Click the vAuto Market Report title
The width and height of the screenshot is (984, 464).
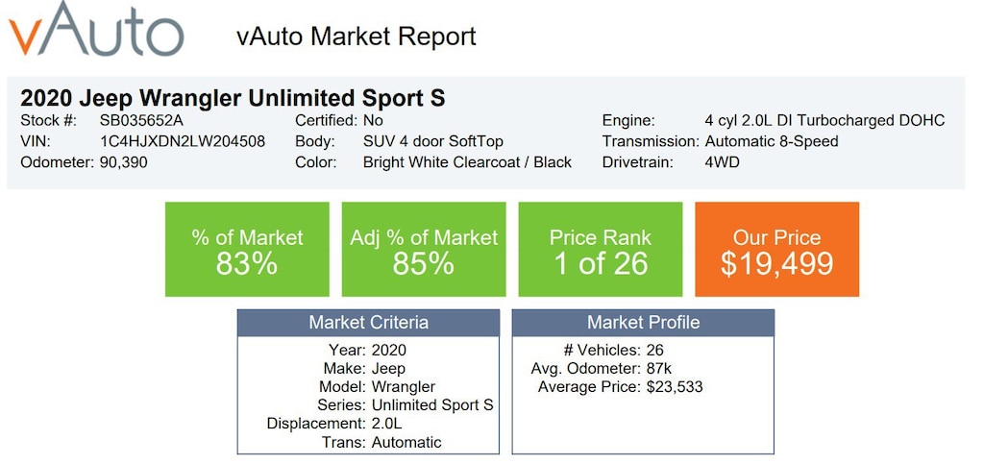[x=356, y=37]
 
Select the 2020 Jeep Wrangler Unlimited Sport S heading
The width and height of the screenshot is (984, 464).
[x=233, y=98]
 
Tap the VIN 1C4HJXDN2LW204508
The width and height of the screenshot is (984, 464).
[x=183, y=141]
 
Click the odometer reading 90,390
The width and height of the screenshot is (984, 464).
[x=124, y=162]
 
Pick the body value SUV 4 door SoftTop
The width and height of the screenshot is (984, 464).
[x=433, y=141]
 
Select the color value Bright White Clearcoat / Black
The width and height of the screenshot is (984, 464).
[x=467, y=162]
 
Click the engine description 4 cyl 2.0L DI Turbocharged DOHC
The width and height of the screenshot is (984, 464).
[x=824, y=120]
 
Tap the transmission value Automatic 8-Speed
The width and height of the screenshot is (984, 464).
[x=772, y=141]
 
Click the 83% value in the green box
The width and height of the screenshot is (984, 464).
[x=247, y=264]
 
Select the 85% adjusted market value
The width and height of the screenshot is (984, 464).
[x=424, y=264]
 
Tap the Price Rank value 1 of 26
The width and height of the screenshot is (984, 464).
[x=601, y=264]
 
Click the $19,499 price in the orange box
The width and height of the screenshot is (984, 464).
[x=777, y=264]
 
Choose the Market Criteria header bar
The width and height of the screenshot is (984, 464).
[x=368, y=323]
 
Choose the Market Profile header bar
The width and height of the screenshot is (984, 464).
[x=643, y=323]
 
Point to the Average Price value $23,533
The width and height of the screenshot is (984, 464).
[x=681, y=387]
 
